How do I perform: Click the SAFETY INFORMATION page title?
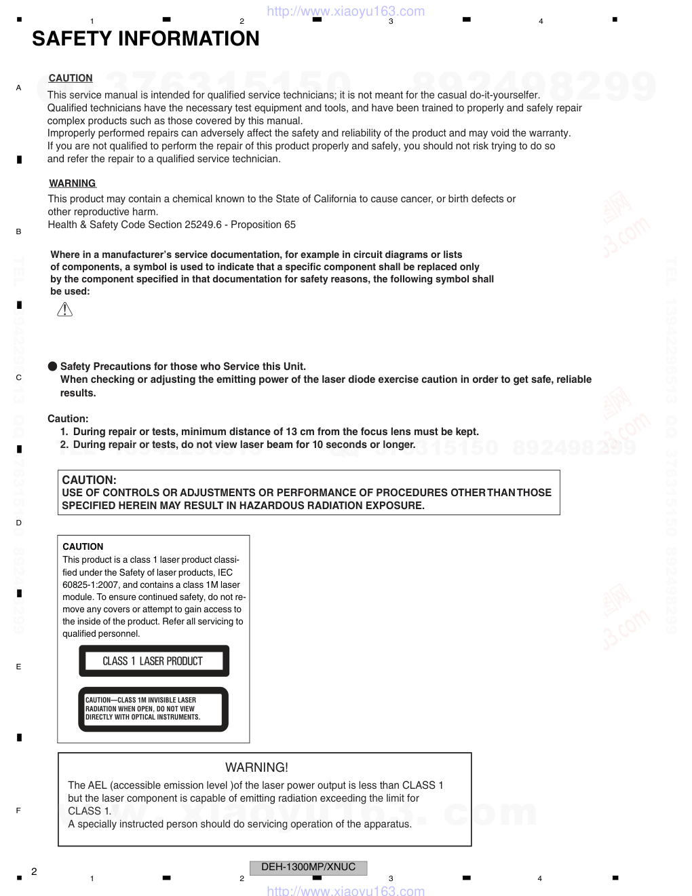pyautogui.click(x=145, y=39)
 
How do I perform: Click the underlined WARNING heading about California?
pyautogui.click(x=72, y=183)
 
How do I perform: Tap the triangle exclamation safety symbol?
pyautogui.click(x=64, y=310)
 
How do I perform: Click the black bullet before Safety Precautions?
pyautogui.click(x=52, y=367)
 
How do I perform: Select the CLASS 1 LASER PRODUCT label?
pyautogui.click(x=153, y=661)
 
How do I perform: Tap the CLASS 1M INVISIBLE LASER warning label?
pyautogui.click(x=153, y=709)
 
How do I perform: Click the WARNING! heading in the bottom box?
pyautogui.click(x=256, y=768)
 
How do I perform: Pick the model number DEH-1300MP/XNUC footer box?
pyautogui.click(x=309, y=867)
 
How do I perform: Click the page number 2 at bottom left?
pyautogui.click(x=34, y=872)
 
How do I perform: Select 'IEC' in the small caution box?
pyautogui.click(x=225, y=572)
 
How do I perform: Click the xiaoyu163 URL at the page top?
pyautogui.click(x=346, y=11)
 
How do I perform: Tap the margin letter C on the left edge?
pyautogui.click(x=18, y=377)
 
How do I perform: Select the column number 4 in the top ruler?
pyautogui.click(x=541, y=21)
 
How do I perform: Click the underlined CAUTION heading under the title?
pyautogui.click(x=71, y=78)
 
